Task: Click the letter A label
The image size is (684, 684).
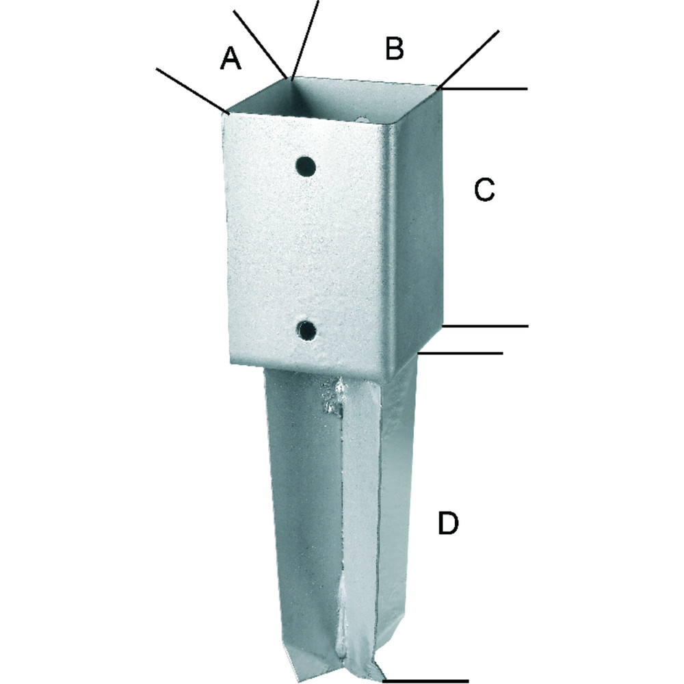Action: click(231, 59)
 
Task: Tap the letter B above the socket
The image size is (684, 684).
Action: click(395, 48)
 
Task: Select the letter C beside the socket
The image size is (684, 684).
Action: click(484, 189)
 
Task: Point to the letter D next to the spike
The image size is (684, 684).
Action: click(448, 523)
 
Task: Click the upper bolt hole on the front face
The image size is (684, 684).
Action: click(306, 166)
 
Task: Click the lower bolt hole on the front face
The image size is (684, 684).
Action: click(306, 330)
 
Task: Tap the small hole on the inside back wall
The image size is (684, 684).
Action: click(362, 118)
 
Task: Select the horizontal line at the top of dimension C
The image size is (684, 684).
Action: click(484, 88)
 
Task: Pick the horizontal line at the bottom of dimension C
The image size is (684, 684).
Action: click(485, 326)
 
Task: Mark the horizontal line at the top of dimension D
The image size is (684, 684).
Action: click(460, 353)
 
